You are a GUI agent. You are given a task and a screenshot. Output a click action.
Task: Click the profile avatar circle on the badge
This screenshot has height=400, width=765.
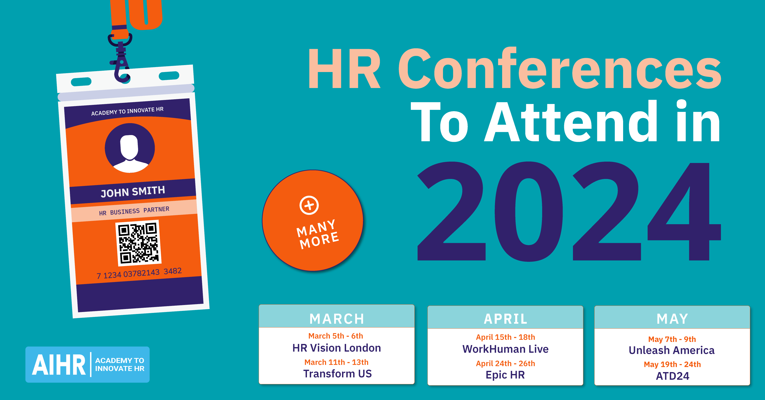point(130,148)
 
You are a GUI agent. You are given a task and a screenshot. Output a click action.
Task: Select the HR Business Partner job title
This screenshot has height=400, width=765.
point(134,211)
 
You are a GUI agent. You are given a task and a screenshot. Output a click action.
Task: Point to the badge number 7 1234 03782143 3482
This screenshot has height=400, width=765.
point(139,273)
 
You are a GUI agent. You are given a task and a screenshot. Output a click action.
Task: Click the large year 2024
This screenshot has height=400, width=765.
point(569,212)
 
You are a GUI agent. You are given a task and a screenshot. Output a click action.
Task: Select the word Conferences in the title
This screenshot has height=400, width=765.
point(559,69)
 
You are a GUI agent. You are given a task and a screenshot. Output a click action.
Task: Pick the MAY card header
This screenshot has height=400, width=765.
point(672,319)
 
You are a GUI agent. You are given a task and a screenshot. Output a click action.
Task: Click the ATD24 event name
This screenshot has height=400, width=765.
point(672,376)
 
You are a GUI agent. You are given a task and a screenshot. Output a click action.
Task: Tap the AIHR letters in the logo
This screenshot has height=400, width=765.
point(58,365)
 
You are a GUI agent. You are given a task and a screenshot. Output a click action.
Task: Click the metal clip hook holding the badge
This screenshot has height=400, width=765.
point(121,59)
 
